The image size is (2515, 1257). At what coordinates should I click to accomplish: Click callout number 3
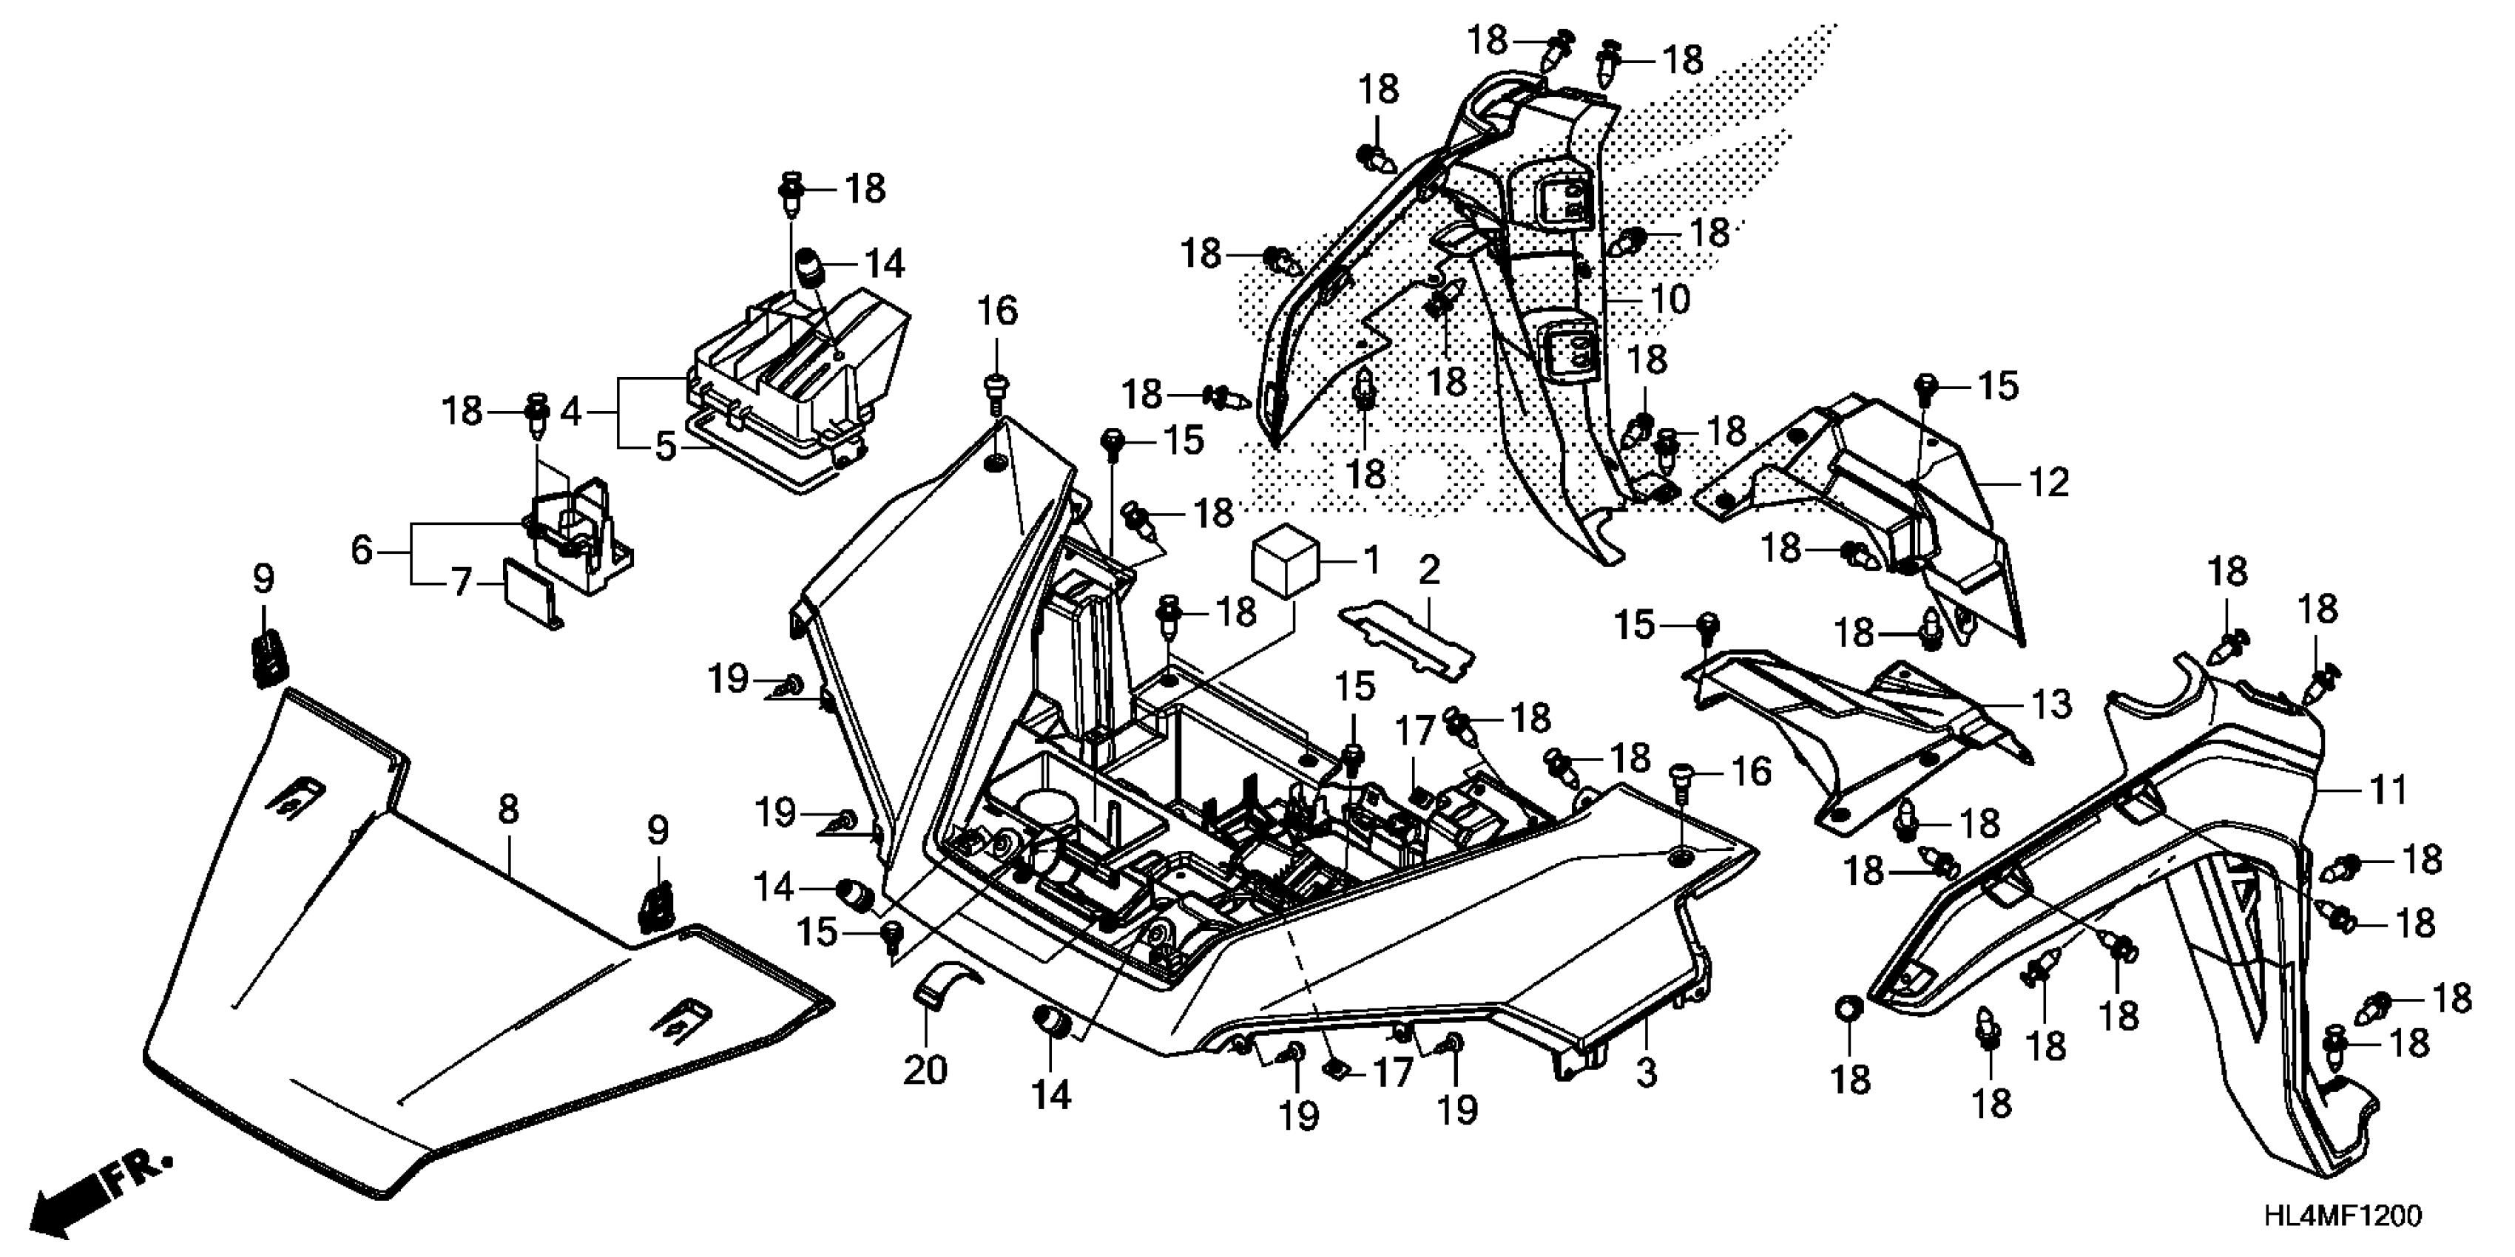coord(1646,1074)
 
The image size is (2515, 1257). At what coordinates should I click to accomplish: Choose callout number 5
coord(666,448)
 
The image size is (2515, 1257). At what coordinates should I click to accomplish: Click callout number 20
coord(925,1071)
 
